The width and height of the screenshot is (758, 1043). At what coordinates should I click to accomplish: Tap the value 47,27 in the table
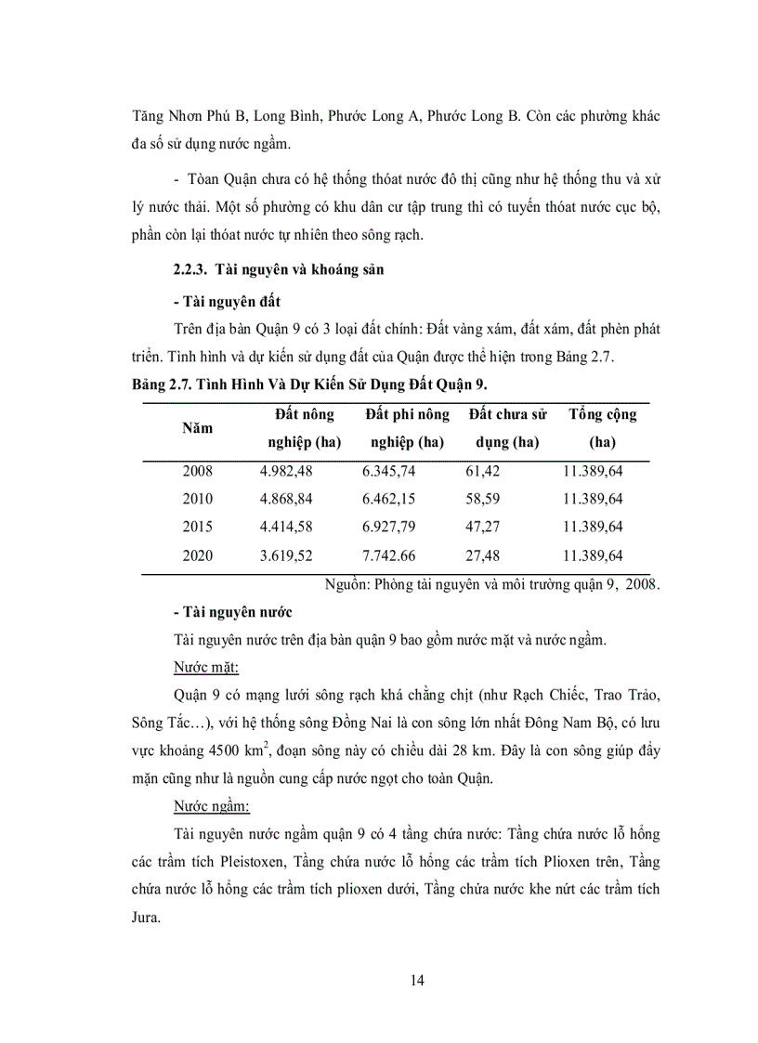(483, 527)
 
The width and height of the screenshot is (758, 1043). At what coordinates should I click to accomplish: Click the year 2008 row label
(197, 471)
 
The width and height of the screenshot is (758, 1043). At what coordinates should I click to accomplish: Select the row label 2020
(197, 555)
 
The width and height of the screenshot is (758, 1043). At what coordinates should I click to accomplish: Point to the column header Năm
(197, 428)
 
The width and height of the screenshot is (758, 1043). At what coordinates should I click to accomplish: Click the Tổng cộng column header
(602, 414)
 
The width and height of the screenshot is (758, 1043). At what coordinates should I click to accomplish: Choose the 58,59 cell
(483, 499)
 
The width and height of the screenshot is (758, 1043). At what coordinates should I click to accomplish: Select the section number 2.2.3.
(190, 271)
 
